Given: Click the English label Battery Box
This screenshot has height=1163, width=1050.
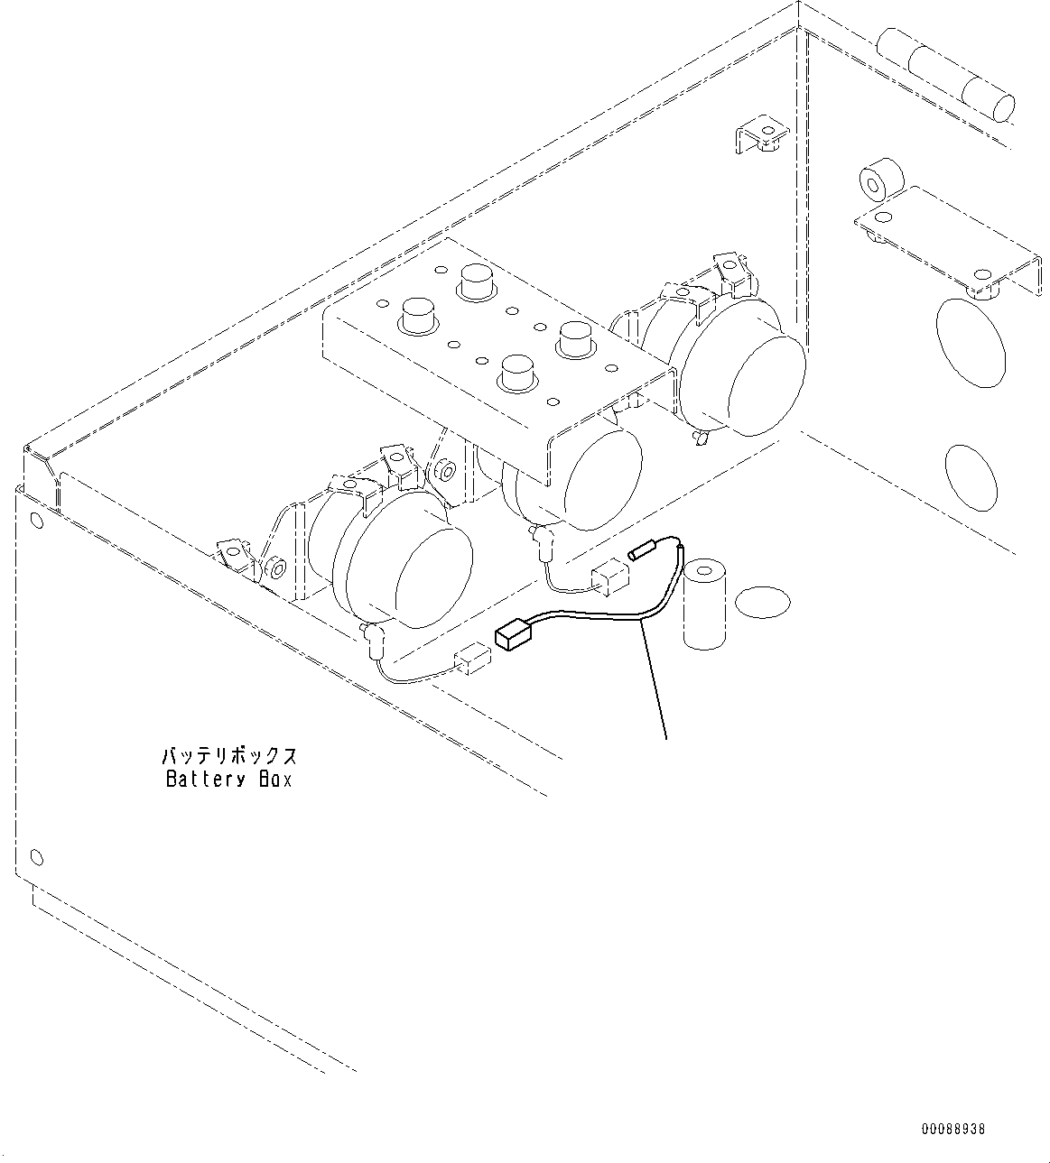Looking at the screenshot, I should [228, 780].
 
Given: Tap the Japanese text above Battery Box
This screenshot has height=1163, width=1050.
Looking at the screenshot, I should [228, 756].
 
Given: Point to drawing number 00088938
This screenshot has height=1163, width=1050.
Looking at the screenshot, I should [953, 1129].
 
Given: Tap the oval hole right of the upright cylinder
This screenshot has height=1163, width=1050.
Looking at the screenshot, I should [762, 602].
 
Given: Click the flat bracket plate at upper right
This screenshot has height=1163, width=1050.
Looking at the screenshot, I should [948, 238].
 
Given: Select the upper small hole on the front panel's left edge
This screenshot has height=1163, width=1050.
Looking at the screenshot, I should [36, 520].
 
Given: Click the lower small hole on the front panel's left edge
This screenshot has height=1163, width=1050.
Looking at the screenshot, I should [36, 856].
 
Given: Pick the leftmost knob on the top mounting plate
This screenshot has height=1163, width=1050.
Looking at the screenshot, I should [417, 316].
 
